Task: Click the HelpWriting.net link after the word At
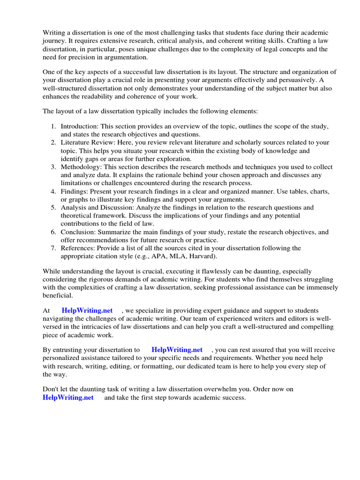[87, 310]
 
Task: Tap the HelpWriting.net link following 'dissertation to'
[177, 350]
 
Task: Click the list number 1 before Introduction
[53, 127]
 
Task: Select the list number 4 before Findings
[53, 192]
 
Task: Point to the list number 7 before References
[53, 248]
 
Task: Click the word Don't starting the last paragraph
[52, 390]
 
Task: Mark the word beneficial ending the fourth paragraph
[58, 295]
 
